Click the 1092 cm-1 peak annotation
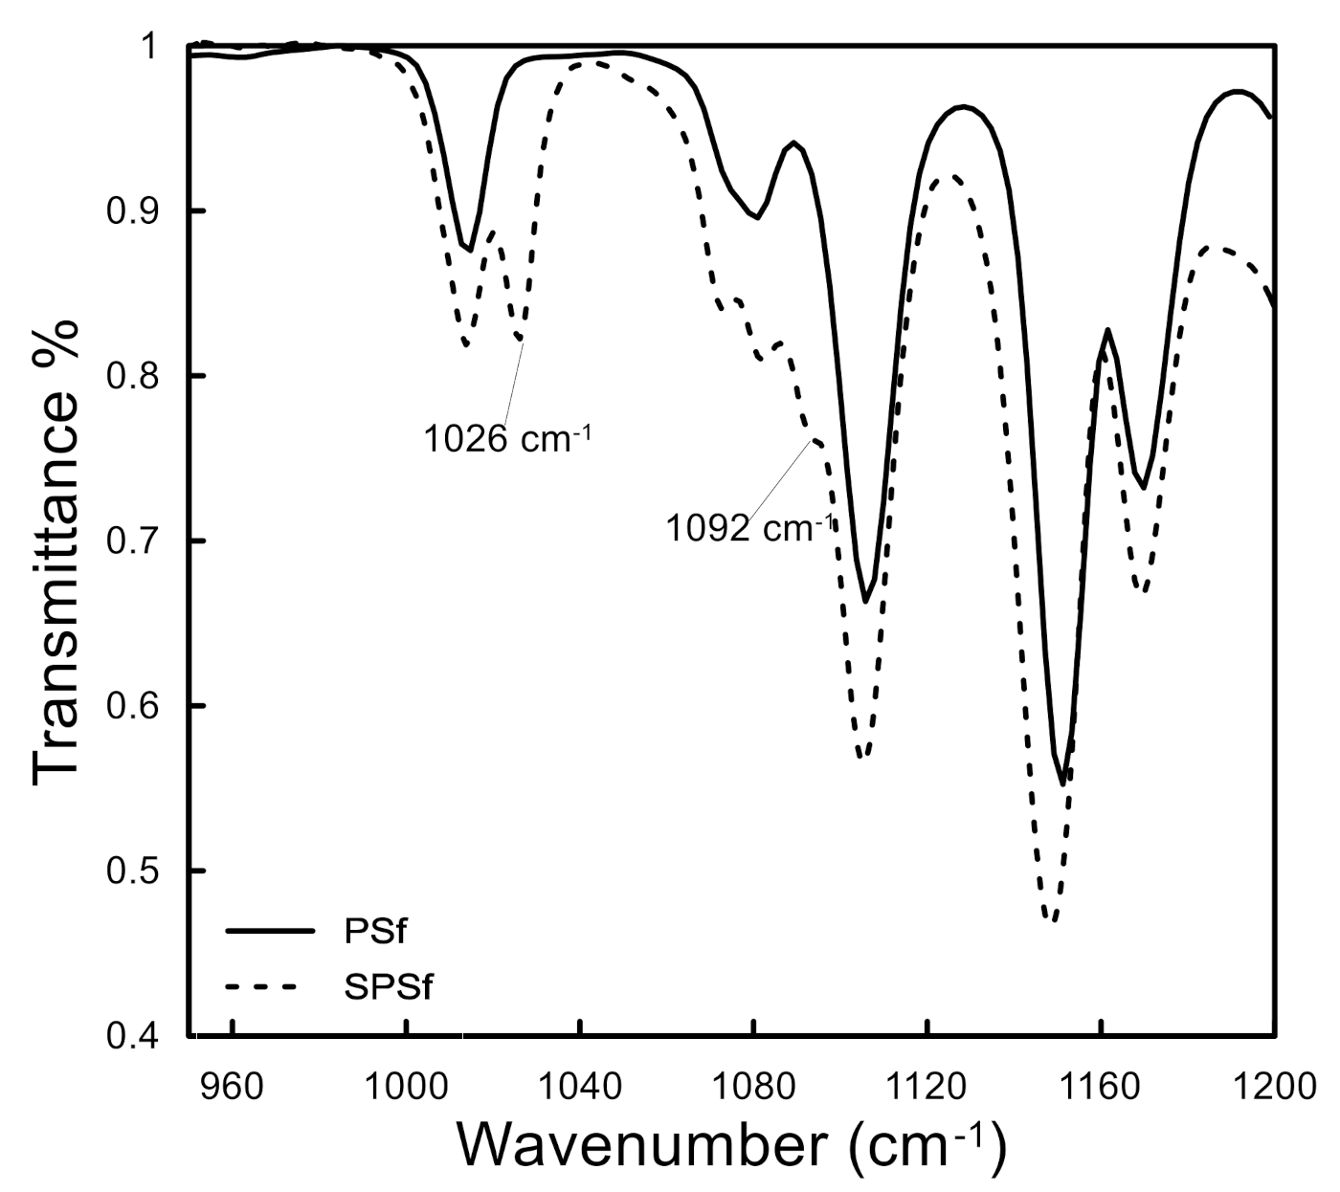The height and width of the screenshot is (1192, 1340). (749, 527)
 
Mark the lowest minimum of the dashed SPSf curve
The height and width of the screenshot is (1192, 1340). (1050, 920)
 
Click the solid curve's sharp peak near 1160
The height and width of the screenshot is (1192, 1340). (1107, 330)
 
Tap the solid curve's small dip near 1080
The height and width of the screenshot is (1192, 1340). (757, 218)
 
